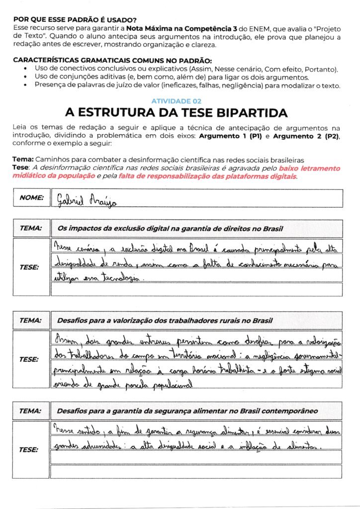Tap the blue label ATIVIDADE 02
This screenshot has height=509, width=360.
point(180,100)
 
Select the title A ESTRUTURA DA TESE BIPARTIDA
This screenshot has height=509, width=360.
point(180,112)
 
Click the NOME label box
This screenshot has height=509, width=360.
point(31,198)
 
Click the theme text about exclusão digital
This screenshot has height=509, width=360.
point(171,229)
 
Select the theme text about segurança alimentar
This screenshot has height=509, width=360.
point(187,411)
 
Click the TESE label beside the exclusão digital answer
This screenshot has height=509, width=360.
point(29,267)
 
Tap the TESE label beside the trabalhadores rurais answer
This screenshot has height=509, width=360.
point(29,359)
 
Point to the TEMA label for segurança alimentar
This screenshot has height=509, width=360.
point(31,411)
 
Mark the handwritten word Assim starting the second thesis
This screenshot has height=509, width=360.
point(62,340)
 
